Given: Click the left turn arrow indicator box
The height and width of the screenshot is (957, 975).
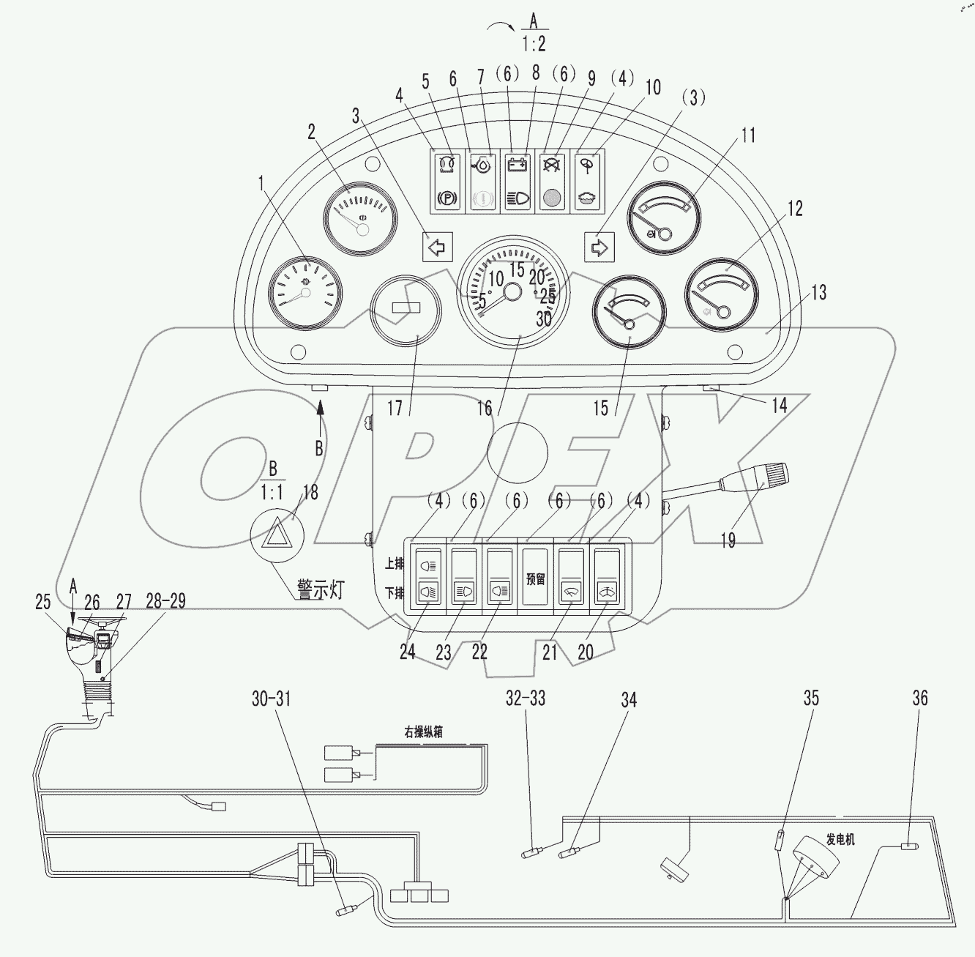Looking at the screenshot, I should click(438, 247).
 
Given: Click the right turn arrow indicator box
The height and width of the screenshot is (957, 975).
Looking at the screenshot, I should click(599, 247).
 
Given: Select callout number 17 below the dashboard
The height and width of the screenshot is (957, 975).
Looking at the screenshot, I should click(395, 407).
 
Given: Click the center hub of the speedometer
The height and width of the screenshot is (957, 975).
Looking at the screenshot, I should click(512, 292).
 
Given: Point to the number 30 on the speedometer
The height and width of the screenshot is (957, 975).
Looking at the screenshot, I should click(544, 319).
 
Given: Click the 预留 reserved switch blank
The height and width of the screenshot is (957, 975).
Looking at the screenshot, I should click(536, 578).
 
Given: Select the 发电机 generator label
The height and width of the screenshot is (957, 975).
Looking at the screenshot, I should click(840, 840).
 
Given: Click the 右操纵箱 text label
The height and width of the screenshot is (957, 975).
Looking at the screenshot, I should click(423, 732).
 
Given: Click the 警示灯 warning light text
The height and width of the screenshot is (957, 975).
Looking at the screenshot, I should click(320, 590).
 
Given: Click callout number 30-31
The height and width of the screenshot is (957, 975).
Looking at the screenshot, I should click(271, 699).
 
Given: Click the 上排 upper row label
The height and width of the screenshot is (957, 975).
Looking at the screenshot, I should click(394, 564).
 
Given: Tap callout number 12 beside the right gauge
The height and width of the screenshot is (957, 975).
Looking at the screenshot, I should click(795, 208).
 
